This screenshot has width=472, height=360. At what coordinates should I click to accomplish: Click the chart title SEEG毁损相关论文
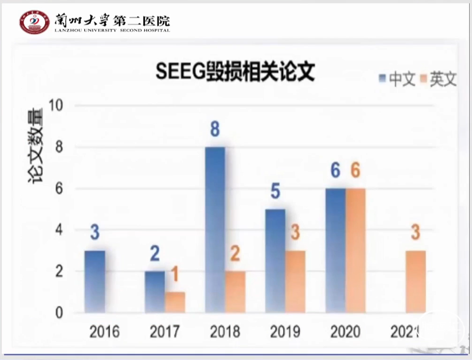pyautogui.click(x=235, y=73)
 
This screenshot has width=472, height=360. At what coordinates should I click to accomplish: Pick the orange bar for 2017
pyautogui.click(x=175, y=302)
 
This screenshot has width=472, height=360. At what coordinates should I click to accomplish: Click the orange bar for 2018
pyautogui.click(x=235, y=291)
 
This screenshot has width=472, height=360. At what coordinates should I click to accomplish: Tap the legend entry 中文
pyautogui.click(x=398, y=79)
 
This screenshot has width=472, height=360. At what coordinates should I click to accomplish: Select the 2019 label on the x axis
pyautogui.click(x=285, y=332)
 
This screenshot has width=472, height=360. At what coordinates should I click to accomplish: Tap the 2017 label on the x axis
pyautogui.click(x=165, y=332)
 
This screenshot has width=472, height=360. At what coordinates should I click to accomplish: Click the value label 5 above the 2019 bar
pyautogui.click(x=275, y=192)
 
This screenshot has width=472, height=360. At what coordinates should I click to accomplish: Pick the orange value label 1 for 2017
pyautogui.click(x=175, y=275)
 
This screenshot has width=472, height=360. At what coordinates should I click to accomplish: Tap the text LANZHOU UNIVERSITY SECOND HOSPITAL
pyautogui.click(x=112, y=30)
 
